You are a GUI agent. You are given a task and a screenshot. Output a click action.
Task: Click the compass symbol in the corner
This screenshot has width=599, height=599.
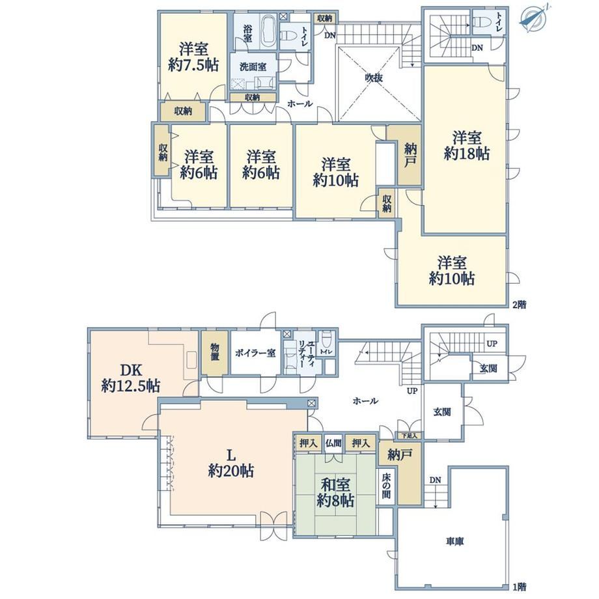click(x=535, y=16)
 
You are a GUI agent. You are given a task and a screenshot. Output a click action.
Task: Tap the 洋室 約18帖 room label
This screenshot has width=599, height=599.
click(x=467, y=146)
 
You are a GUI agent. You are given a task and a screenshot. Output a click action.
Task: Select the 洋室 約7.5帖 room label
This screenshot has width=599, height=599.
click(x=193, y=57)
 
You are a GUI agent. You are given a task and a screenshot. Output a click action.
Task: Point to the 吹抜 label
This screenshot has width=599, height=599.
click(x=374, y=78)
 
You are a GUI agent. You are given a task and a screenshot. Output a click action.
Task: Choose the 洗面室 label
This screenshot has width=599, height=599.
click(x=253, y=67)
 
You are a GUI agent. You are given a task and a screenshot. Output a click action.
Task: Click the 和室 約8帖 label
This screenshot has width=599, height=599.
click(x=335, y=492)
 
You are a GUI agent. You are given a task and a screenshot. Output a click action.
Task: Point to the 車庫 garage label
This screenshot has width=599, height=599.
click(x=454, y=542)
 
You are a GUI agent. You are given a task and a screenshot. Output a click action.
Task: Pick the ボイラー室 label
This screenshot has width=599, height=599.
click(x=255, y=352)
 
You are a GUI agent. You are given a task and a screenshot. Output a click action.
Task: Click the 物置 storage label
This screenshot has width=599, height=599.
click(x=215, y=352)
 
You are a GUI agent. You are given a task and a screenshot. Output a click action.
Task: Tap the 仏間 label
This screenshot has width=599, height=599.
click(x=333, y=443)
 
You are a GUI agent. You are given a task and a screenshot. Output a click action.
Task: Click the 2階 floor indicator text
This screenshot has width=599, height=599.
click(x=519, y=305)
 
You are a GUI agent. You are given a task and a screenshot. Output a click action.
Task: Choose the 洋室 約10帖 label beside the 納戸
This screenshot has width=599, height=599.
click(x=335, y=173)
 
